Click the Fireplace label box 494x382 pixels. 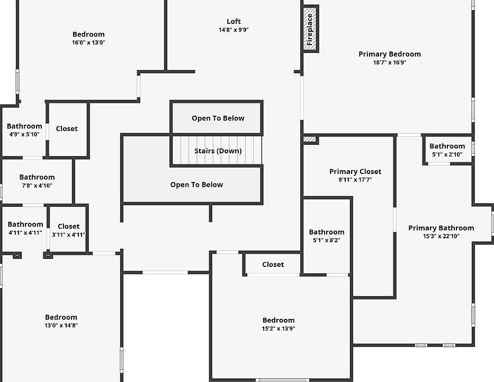point(310,29)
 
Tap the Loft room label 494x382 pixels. point(233,22)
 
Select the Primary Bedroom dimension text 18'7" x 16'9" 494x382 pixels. point(390,62)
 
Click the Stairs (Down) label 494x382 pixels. point(218,151)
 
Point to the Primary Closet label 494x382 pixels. point(355,171)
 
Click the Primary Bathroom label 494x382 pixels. point(441,228)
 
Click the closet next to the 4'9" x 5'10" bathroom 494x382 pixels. point(67,128)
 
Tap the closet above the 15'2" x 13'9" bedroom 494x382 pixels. point(273,264)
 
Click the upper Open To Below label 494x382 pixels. point(218,118)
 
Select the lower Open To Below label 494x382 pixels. point(196,185)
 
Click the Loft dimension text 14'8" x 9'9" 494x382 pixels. point(233,30)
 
